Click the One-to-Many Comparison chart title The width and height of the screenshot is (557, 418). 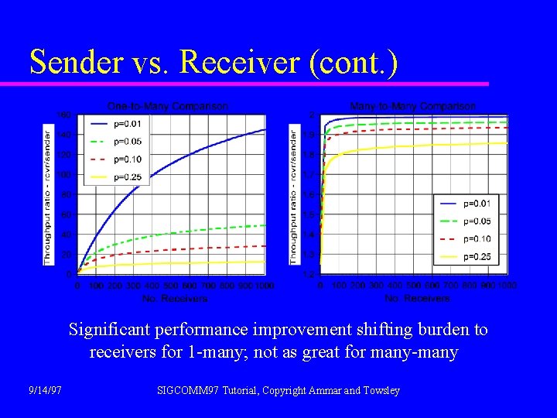167,106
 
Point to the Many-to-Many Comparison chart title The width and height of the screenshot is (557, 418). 413,106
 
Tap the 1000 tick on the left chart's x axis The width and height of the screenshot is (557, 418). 265,286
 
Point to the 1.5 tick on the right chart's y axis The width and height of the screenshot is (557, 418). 308,214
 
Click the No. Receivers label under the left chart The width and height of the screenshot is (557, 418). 175,298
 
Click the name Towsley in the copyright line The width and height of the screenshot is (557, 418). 380,391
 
